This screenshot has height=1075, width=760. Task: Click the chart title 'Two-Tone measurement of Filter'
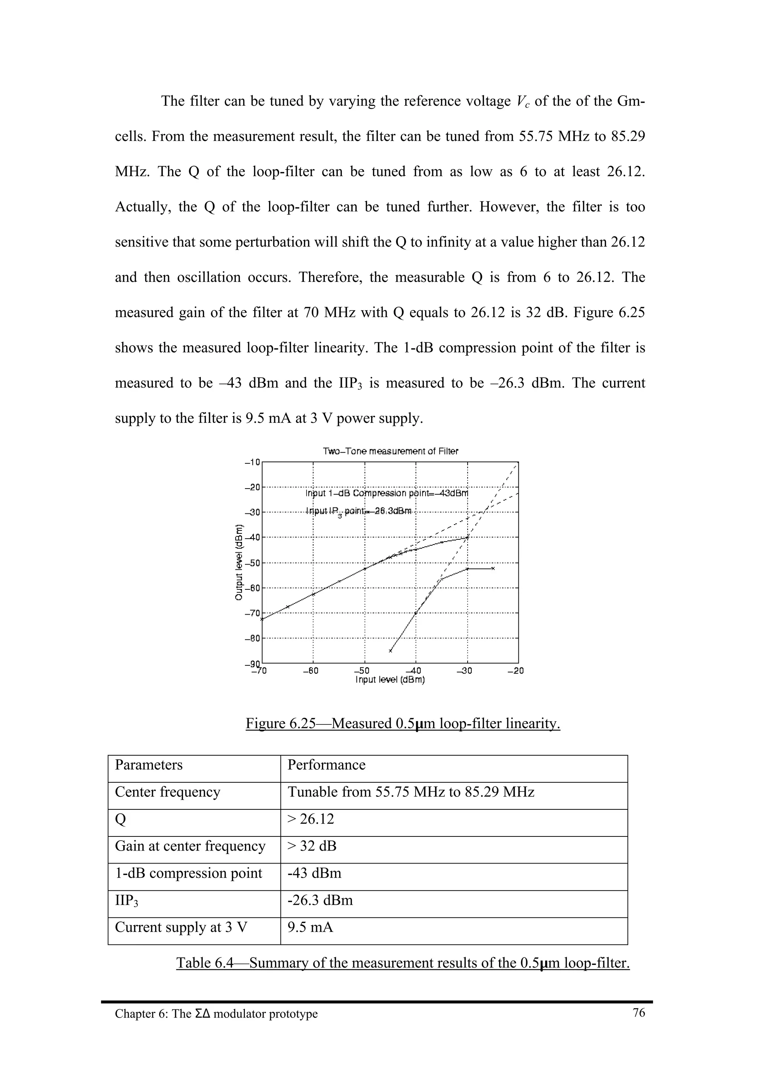[390, 451]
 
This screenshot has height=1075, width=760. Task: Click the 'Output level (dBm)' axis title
[239, 562]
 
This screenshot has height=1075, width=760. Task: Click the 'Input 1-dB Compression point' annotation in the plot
[387, 493]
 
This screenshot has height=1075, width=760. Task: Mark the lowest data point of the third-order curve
[390, 650]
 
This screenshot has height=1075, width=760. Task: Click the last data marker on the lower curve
[492, 568]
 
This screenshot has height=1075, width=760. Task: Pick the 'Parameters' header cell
[149, 765]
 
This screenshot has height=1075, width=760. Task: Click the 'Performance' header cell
[327, 765]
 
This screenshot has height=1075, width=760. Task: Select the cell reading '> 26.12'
[311, 819]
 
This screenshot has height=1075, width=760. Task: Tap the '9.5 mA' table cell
[311, 927]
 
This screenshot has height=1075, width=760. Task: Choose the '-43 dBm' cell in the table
[315, 873]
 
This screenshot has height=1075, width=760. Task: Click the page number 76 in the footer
[639, 1013]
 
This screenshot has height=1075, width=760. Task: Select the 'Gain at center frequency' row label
[190, 846]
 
